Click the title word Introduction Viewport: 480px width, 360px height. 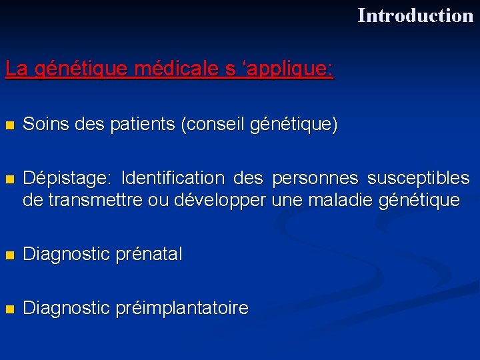click(x=415, y=15)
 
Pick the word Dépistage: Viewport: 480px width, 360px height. click(x=67, y=179)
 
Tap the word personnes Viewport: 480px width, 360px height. click(x=317, y=179)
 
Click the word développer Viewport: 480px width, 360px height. click(x=219, y=200)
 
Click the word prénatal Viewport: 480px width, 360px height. click(x=149, y=254)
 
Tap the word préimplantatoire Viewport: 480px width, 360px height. click(x=181, y=308)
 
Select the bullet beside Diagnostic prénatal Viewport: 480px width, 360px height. click(x=9, y=255)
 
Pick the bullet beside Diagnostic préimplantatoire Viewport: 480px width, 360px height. click(x=9, y=309)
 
